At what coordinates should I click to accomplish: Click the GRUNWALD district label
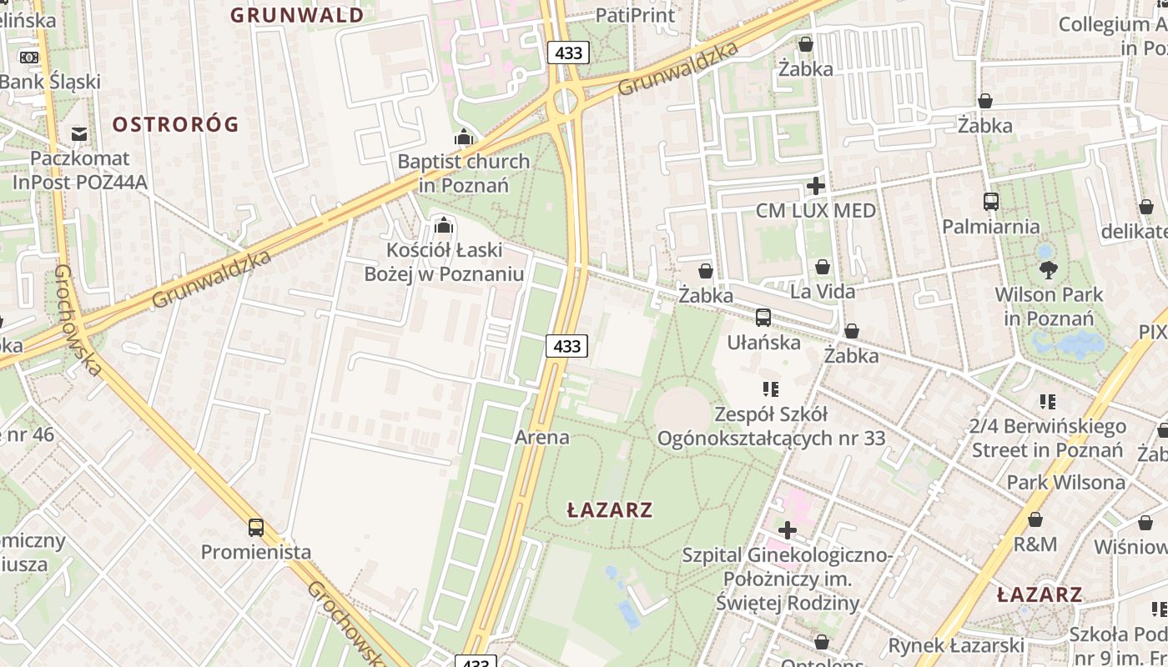[x=297, y=15]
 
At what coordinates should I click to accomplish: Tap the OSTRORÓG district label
[x=175, y=125]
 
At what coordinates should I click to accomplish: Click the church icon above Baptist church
[x=463, y=138]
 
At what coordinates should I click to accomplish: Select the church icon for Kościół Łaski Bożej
[x=444, y=225]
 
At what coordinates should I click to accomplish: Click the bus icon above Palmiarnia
[x=990, y=202]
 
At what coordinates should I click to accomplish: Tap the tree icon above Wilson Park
[x=1049, y=269]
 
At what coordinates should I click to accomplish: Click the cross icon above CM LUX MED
[x=816, y=186]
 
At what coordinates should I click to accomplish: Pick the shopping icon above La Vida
[x=823, y=267]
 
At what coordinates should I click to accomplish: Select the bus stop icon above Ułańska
[x=763, y=318]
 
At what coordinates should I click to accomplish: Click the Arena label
[x=542, y=437]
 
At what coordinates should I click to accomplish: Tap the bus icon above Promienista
[x=256, y=527]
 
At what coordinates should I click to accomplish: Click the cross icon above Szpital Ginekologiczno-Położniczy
[x=787, y=530]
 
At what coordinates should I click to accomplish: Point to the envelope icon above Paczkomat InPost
[x=79, y=133]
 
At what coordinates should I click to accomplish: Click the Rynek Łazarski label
[x=955, y=645]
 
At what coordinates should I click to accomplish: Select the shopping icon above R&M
[x=1035, y=519]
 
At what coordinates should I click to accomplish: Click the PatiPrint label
[x=635, y=15]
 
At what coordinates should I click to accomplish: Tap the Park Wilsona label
[x=1065, y=482]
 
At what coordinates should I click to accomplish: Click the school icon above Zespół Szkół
[x=770, y=389]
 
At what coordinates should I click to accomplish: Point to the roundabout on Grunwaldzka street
[x=566, y=101]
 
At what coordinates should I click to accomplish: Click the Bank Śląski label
[x=50, y=82]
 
